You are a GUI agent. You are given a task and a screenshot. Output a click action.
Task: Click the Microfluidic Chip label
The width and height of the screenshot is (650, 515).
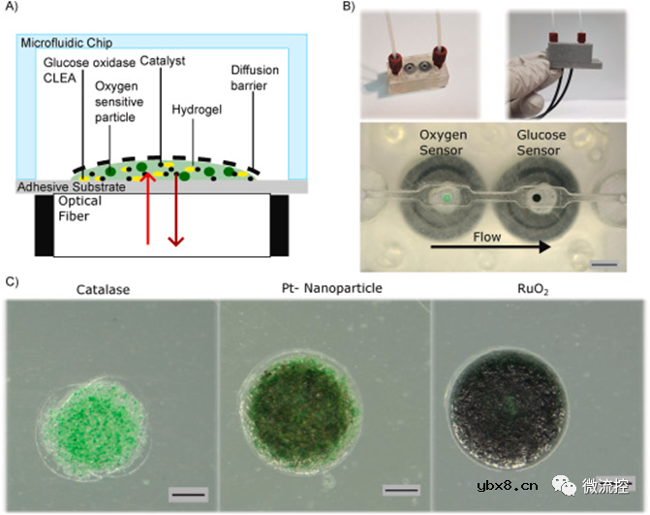(x=66, y=43)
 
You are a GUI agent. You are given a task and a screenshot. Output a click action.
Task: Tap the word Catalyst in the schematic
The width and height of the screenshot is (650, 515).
(x=162, y=61)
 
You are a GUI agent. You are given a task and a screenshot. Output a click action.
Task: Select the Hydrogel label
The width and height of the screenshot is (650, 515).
(x=197, y=110)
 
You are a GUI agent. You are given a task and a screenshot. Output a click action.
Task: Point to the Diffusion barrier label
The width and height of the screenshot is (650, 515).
(x=255, y=78)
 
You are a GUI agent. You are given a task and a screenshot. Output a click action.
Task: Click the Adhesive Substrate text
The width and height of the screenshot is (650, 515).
(x=72, y=187)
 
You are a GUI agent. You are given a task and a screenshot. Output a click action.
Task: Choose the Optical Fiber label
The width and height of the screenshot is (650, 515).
(x=79, y=209)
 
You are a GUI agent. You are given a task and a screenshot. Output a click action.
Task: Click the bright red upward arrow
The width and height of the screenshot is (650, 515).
(x=147, y=208)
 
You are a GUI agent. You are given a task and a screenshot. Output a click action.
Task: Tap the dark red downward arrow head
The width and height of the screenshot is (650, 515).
(x=175, y=241)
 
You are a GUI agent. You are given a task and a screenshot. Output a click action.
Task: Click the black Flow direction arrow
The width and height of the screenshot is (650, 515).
(x=490, y=247)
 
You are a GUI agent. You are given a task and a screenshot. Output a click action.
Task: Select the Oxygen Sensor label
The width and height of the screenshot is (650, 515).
(x=443, y=143)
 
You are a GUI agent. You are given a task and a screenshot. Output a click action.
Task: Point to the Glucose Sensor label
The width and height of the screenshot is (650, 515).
(x=541, y=143)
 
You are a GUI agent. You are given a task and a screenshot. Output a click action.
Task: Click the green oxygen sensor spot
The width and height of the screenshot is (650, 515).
(x=446, y=198)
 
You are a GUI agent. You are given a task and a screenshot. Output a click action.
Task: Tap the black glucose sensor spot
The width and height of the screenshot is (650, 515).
(x=538, y=198)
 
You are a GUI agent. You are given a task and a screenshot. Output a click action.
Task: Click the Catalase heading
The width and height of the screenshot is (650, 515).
(x=103, y=289)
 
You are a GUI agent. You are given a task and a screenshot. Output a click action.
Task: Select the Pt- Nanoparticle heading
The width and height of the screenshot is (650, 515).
(x=331, y=288)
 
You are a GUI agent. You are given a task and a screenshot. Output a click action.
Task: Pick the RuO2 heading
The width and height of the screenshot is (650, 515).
(x=533, y=289)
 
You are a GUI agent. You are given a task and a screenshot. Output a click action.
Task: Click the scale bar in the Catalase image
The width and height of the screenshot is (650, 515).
(x=188, y=495)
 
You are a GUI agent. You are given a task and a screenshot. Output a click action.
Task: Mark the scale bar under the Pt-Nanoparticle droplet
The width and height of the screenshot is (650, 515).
(x=401, y=491)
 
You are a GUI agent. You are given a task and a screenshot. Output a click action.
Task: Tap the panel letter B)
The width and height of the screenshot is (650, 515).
(x=349, y=6)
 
